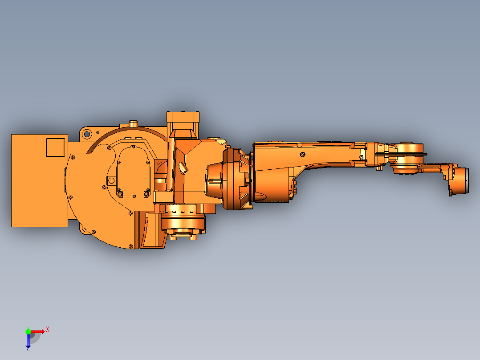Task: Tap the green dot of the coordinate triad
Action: coord(28,331)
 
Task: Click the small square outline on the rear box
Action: coord(55,147)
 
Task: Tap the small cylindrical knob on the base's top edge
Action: coord(133,123)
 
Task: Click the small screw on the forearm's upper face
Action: coord(302,155)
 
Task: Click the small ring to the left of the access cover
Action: coord(111,180)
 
